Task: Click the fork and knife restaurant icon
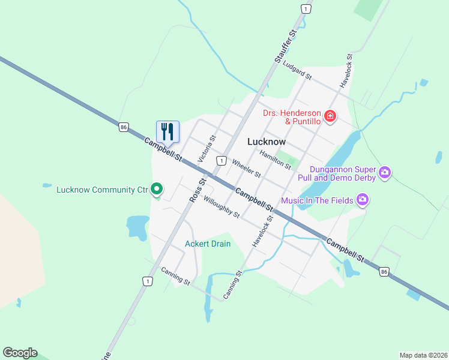[168, 131]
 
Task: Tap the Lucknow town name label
[267, 142]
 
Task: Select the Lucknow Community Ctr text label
[101, 190]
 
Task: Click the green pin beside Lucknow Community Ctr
[157, 190]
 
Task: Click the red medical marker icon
[330, 116]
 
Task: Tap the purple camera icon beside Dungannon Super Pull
[385, 173]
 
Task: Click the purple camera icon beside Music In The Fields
[362, 199]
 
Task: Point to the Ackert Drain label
[208, 244]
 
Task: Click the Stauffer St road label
[286, 47]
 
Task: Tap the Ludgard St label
[298, 71]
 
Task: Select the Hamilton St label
[276, 160]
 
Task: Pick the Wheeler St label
[246, 169]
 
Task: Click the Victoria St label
[207, 149]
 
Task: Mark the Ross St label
[197, 190]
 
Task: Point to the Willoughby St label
[221, 207]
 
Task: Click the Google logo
[20, 353]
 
